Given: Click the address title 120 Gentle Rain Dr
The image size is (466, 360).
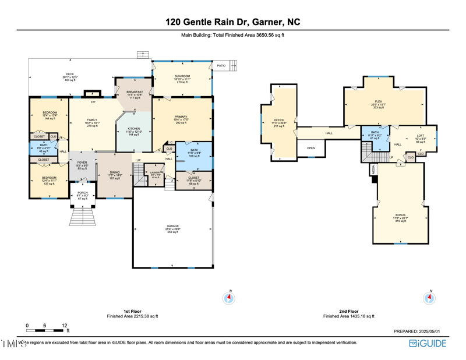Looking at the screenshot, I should (232, 22).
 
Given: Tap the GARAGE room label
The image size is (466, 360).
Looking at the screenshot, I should (173, 226).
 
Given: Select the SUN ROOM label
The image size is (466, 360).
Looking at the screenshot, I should (182, 76).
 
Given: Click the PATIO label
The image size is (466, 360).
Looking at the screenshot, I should (221, 66).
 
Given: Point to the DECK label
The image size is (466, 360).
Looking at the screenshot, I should (70, 75).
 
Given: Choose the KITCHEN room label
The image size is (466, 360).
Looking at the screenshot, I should (134, 129).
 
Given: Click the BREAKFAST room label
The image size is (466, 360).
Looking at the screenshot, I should (135, 92).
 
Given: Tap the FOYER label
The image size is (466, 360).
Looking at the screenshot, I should (82, 163).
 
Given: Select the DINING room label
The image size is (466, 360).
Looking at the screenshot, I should (115, 173).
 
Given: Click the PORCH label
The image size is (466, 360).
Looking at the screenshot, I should (82, 193).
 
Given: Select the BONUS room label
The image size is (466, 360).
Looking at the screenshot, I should (400, 215).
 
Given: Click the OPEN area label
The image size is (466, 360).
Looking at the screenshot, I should (311, 148).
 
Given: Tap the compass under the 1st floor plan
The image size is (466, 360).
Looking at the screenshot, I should (229, 298).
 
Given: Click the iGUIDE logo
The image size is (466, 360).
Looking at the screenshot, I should (428, 343).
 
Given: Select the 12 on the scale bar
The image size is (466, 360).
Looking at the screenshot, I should (65, 325).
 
